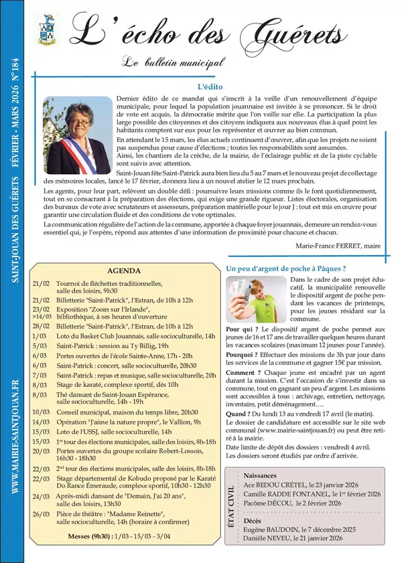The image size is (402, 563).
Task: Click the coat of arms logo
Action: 47,29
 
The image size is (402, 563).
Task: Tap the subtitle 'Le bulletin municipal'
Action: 174,63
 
